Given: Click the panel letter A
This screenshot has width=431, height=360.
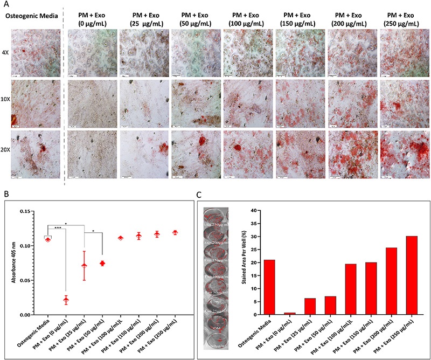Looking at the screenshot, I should coord(6,5).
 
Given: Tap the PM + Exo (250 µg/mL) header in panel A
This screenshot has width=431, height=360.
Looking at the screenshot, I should coord(401,20).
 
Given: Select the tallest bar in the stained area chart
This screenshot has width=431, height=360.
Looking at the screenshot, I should coord(412,275).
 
